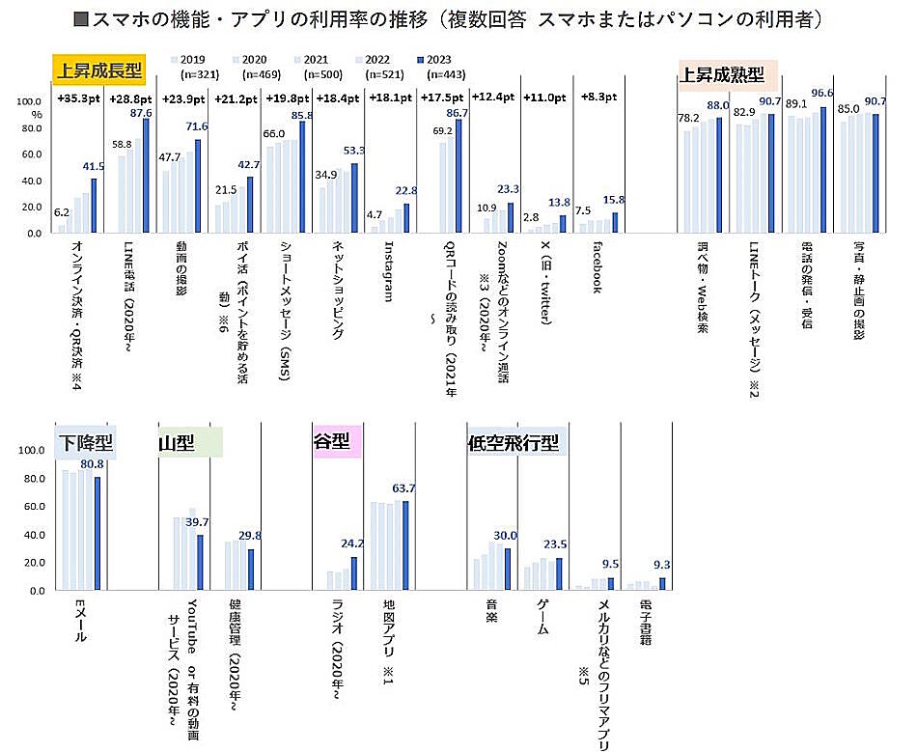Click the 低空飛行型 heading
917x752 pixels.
(x=513, y=441)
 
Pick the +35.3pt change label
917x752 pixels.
(x=77, y=98)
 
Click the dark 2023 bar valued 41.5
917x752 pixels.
(x=95, y=206)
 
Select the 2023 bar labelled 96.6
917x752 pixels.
(x=822, y=170)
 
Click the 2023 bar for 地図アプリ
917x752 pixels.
(x=405, y=545)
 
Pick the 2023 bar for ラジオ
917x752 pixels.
(x=354, y=572)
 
